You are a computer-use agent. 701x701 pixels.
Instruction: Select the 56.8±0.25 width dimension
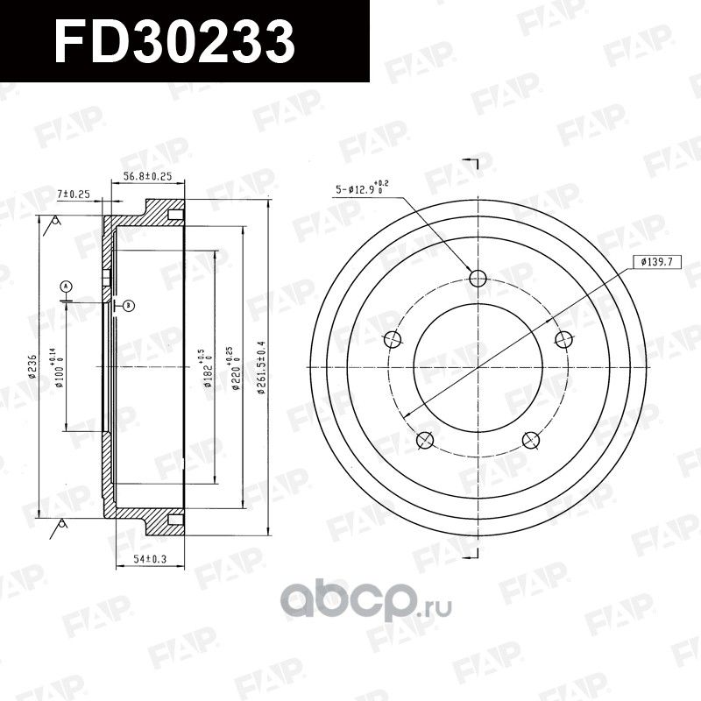[146, 176]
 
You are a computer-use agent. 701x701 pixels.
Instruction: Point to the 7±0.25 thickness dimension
[74, 193]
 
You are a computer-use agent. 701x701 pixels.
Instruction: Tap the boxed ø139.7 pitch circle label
[655, 261]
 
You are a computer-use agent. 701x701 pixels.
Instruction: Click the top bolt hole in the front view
[478, 279]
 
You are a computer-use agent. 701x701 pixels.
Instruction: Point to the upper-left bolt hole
[393, 340]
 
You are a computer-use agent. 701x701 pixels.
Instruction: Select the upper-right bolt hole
[563, 340]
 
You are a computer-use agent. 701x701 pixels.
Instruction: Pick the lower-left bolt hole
[426, 439]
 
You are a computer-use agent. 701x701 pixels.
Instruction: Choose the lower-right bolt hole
[530, 439]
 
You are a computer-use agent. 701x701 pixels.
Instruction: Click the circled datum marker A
[66, 286]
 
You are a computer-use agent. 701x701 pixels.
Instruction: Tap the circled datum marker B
[128, 306]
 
